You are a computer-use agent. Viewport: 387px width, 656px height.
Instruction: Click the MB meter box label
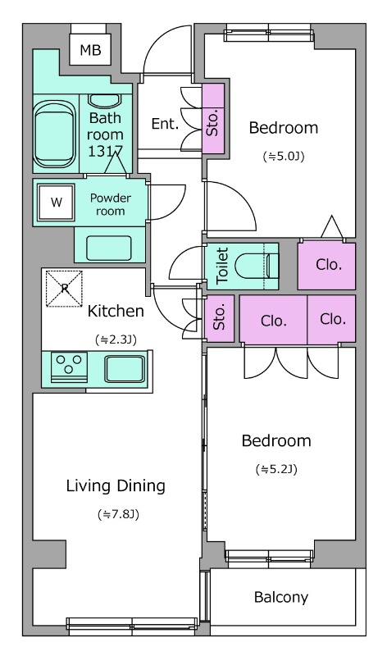[x=90, y=50]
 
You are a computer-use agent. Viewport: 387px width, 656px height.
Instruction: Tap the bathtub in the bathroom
[x=54, y=134]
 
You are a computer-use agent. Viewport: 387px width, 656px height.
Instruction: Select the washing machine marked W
[x=56, y=203]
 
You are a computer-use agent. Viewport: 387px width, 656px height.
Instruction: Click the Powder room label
[x=111, y=204]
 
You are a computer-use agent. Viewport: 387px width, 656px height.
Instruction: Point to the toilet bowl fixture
[x=256, y=266]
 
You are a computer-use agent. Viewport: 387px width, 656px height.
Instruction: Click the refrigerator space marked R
[x=64, y=289]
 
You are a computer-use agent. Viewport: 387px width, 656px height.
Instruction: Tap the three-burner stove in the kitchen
[x=70, y=367]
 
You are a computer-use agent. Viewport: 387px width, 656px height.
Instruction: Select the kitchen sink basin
[x=125, y=368]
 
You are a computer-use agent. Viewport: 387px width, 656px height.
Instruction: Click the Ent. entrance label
[x=165, y=124]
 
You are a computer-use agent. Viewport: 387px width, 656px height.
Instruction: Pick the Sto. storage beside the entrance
[x=213, y=119]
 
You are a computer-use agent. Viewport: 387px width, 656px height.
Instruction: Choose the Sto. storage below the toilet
[x=219, y=318]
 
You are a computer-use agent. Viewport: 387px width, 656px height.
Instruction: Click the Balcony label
[x=281, y=597]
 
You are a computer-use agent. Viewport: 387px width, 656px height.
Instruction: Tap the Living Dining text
[x=116, y=485]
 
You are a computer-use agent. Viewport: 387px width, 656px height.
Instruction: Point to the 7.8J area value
[x=118, y=514]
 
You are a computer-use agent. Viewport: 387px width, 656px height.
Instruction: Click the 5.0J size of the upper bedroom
[x=283, y=157]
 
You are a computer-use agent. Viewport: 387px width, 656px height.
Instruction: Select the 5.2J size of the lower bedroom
[x=276, y=469]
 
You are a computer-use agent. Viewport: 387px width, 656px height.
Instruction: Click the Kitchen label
[x=116, y=312]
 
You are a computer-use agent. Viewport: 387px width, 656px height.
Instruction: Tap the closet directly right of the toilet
[x=327, y=266]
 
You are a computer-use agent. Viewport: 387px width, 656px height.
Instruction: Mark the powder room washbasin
[x=109, y=248]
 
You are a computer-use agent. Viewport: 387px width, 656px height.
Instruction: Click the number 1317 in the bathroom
[x=105, y=151]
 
